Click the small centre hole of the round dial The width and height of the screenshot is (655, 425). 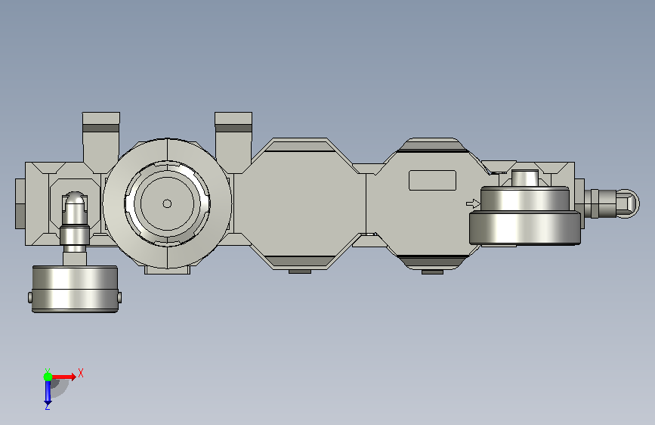tap(167, 203)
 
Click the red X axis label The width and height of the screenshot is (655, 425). tap(81, 373)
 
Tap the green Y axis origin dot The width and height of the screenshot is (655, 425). tap(48, 377)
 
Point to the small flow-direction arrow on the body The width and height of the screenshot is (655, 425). tap(473, 203)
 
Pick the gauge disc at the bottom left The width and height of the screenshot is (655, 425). tap(76, 289)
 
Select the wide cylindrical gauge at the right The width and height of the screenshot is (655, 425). tap(525, 216)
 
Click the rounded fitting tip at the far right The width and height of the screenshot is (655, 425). tap(628, 203)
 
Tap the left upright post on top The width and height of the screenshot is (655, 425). tap(101, 142)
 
